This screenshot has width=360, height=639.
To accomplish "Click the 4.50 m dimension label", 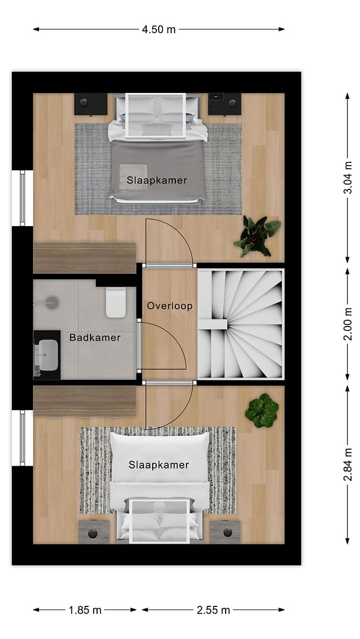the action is point(159,30).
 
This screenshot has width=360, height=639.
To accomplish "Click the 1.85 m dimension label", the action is point(85,610).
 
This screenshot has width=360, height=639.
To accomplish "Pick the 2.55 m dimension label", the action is point(213,610).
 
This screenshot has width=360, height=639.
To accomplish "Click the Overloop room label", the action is point(169,306).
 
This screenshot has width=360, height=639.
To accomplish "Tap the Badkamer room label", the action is point(95,337).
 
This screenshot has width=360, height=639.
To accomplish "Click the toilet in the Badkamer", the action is point(116,302).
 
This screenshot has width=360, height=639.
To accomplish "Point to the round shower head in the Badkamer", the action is point(52,303).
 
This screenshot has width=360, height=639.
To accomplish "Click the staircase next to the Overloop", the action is point(240,324).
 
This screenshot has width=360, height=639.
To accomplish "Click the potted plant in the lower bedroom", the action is point(262,411).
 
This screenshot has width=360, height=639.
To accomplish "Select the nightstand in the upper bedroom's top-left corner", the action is point(91,104).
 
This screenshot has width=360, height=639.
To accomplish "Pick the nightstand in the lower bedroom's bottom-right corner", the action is point(225,532).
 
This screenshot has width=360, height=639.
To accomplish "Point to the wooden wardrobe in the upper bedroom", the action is point(85,258).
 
